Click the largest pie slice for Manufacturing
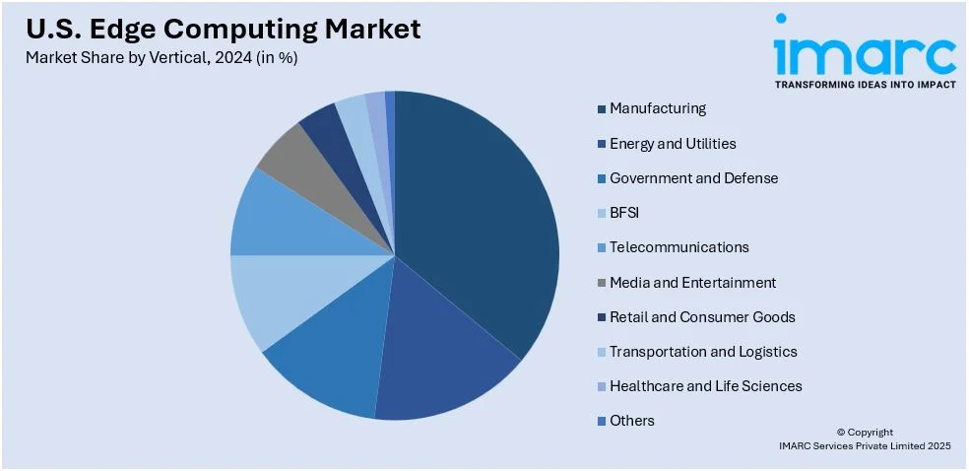473,217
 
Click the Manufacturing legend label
657,108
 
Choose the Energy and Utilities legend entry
672,144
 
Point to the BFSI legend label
624,213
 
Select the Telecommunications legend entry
678,247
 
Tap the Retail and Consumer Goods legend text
701,317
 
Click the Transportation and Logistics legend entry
702,352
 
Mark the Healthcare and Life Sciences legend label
705,386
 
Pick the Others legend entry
631,421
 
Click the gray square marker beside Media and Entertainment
601,284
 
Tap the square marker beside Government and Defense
601,179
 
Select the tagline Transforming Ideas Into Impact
865,85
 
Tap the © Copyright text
865,432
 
